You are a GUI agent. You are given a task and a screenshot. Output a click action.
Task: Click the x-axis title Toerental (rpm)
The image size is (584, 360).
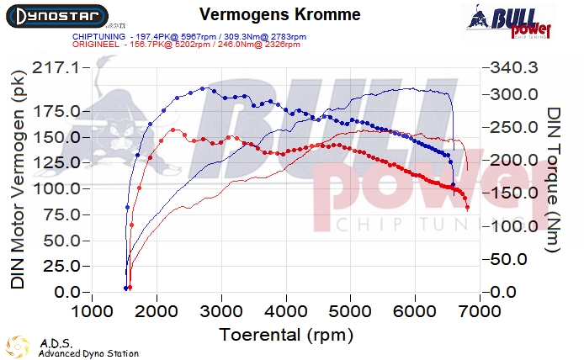tap(285, 334)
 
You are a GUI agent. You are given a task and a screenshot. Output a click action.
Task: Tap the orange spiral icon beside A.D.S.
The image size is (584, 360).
tap(17, 346)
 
